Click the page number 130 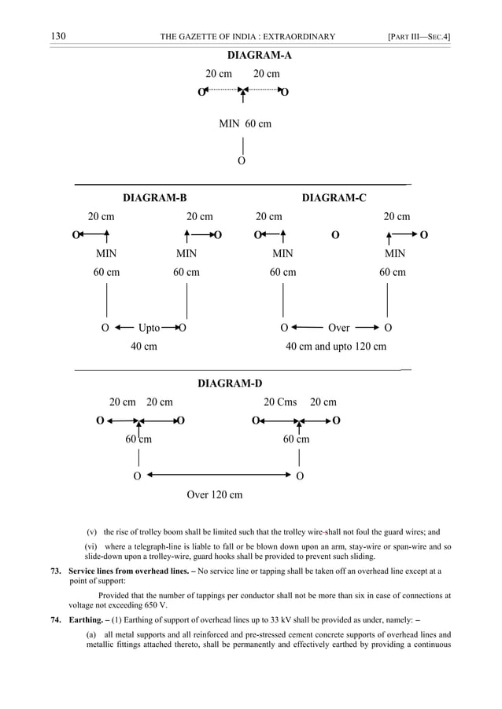[x=57, y=36]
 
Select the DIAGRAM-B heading [x=155, y=197]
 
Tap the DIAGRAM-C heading [x=334, y=197]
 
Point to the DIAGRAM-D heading [x=230, y=384]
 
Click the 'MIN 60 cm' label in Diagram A [x=245, y=124]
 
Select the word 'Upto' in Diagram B [x=149, y=327]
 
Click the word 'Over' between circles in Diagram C [x=338, y=327]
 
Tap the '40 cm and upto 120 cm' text [x=336, y=347]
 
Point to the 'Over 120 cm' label [x=214, y=495]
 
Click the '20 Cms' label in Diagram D [x=280, y=402]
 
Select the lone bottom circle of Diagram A [x=242, y=161]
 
